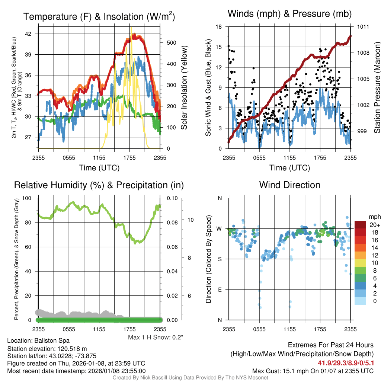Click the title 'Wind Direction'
pyautogui.click(x=289, y=185)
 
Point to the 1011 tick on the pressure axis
pyautogui.click(x=363, y=27)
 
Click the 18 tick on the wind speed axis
pyautogui.click(x=219, y=27)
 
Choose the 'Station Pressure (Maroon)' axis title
pyautogui.click(x=377, y=87)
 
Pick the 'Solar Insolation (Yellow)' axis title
pyautogui.click(x=184, y=87)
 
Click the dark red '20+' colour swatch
pyautogui.click(x=360, y=225)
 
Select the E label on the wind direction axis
pyautogui.click(x=220, y=289)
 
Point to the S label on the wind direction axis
pyautogui.click(x=220, y=259)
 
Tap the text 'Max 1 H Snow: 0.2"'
pyautogui.click(x=156, y=337)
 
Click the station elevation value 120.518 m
pyautogui.click(x=73, y=348)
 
